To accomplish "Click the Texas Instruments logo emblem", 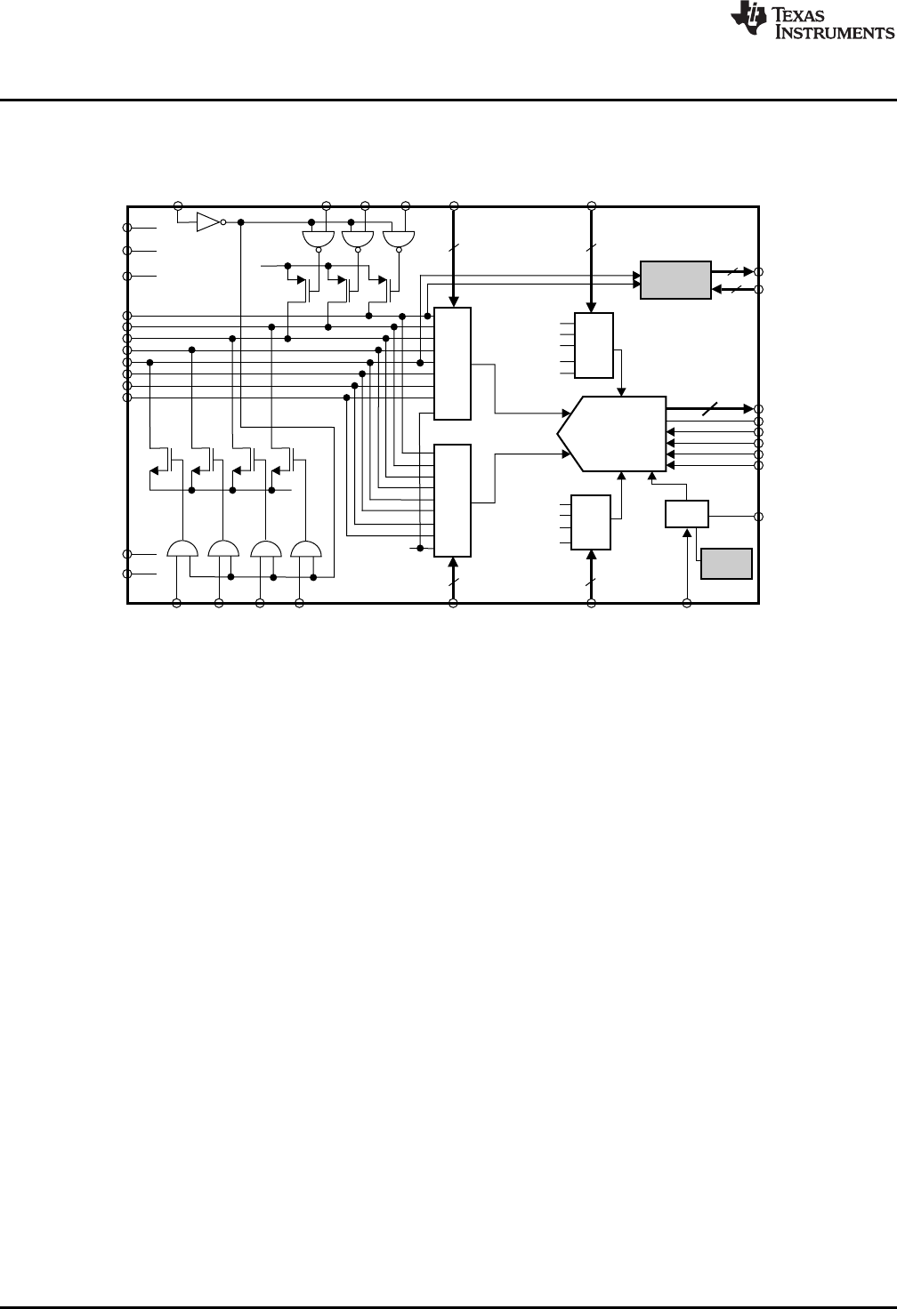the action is [747, 21].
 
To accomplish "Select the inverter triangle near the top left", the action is [207, 221].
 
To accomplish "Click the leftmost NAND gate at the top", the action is [318, 239].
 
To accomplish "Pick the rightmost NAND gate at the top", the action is [398, 239].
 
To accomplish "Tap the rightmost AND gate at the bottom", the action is [307, 549].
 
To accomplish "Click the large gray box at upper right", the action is [675, 280].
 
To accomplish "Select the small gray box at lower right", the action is [726, 564].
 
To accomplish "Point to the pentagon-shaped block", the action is [614, 433].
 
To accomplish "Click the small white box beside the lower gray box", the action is [687, 514].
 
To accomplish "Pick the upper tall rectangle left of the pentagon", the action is [452, 364].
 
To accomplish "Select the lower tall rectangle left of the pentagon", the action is [452, 500].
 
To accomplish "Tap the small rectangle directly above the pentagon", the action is [594, 346].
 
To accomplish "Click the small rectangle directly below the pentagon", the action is [591, 522].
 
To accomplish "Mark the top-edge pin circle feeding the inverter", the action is [177, 205].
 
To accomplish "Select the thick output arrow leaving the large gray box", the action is [732, 270].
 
